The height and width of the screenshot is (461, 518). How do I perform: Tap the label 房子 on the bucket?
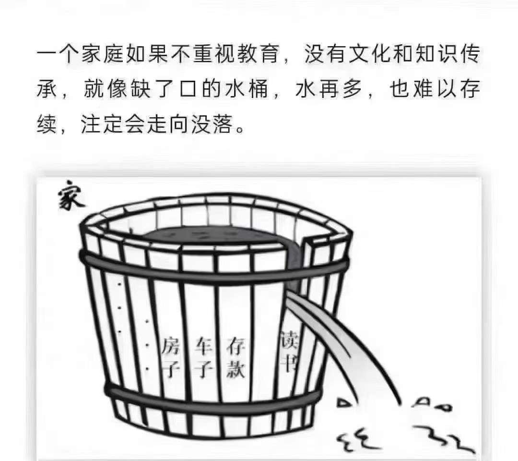point(171,357)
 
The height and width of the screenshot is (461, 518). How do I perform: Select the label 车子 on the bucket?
point(203,357)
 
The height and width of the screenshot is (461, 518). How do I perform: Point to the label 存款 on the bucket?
point(235,357)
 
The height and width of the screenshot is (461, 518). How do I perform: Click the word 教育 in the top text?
point(258,54)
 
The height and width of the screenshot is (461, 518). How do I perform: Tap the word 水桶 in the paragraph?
point(246,89)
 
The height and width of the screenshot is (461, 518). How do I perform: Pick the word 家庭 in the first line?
point(102,54)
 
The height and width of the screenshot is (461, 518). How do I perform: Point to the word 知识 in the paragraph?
point(437,54)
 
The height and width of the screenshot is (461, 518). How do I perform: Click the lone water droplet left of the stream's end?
point(343,403)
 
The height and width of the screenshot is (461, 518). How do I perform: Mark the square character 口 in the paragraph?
point(188,89)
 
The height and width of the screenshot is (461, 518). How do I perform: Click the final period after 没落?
point(240,129)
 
